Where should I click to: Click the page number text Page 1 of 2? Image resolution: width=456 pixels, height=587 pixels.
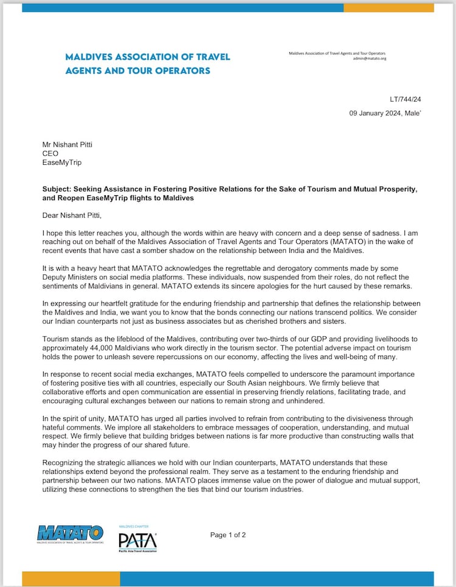228,535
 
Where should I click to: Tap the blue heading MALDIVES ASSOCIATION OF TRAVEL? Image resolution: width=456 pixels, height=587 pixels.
147,57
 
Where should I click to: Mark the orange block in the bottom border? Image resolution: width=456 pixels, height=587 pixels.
71,579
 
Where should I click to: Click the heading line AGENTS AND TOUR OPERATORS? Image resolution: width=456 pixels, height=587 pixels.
137,71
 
